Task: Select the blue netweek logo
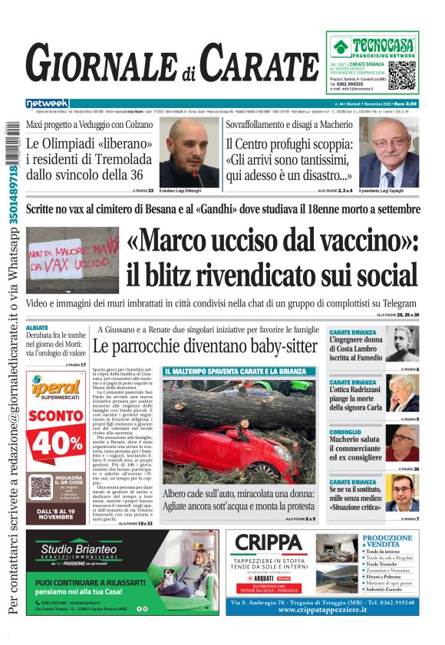(x=47, y=103)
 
